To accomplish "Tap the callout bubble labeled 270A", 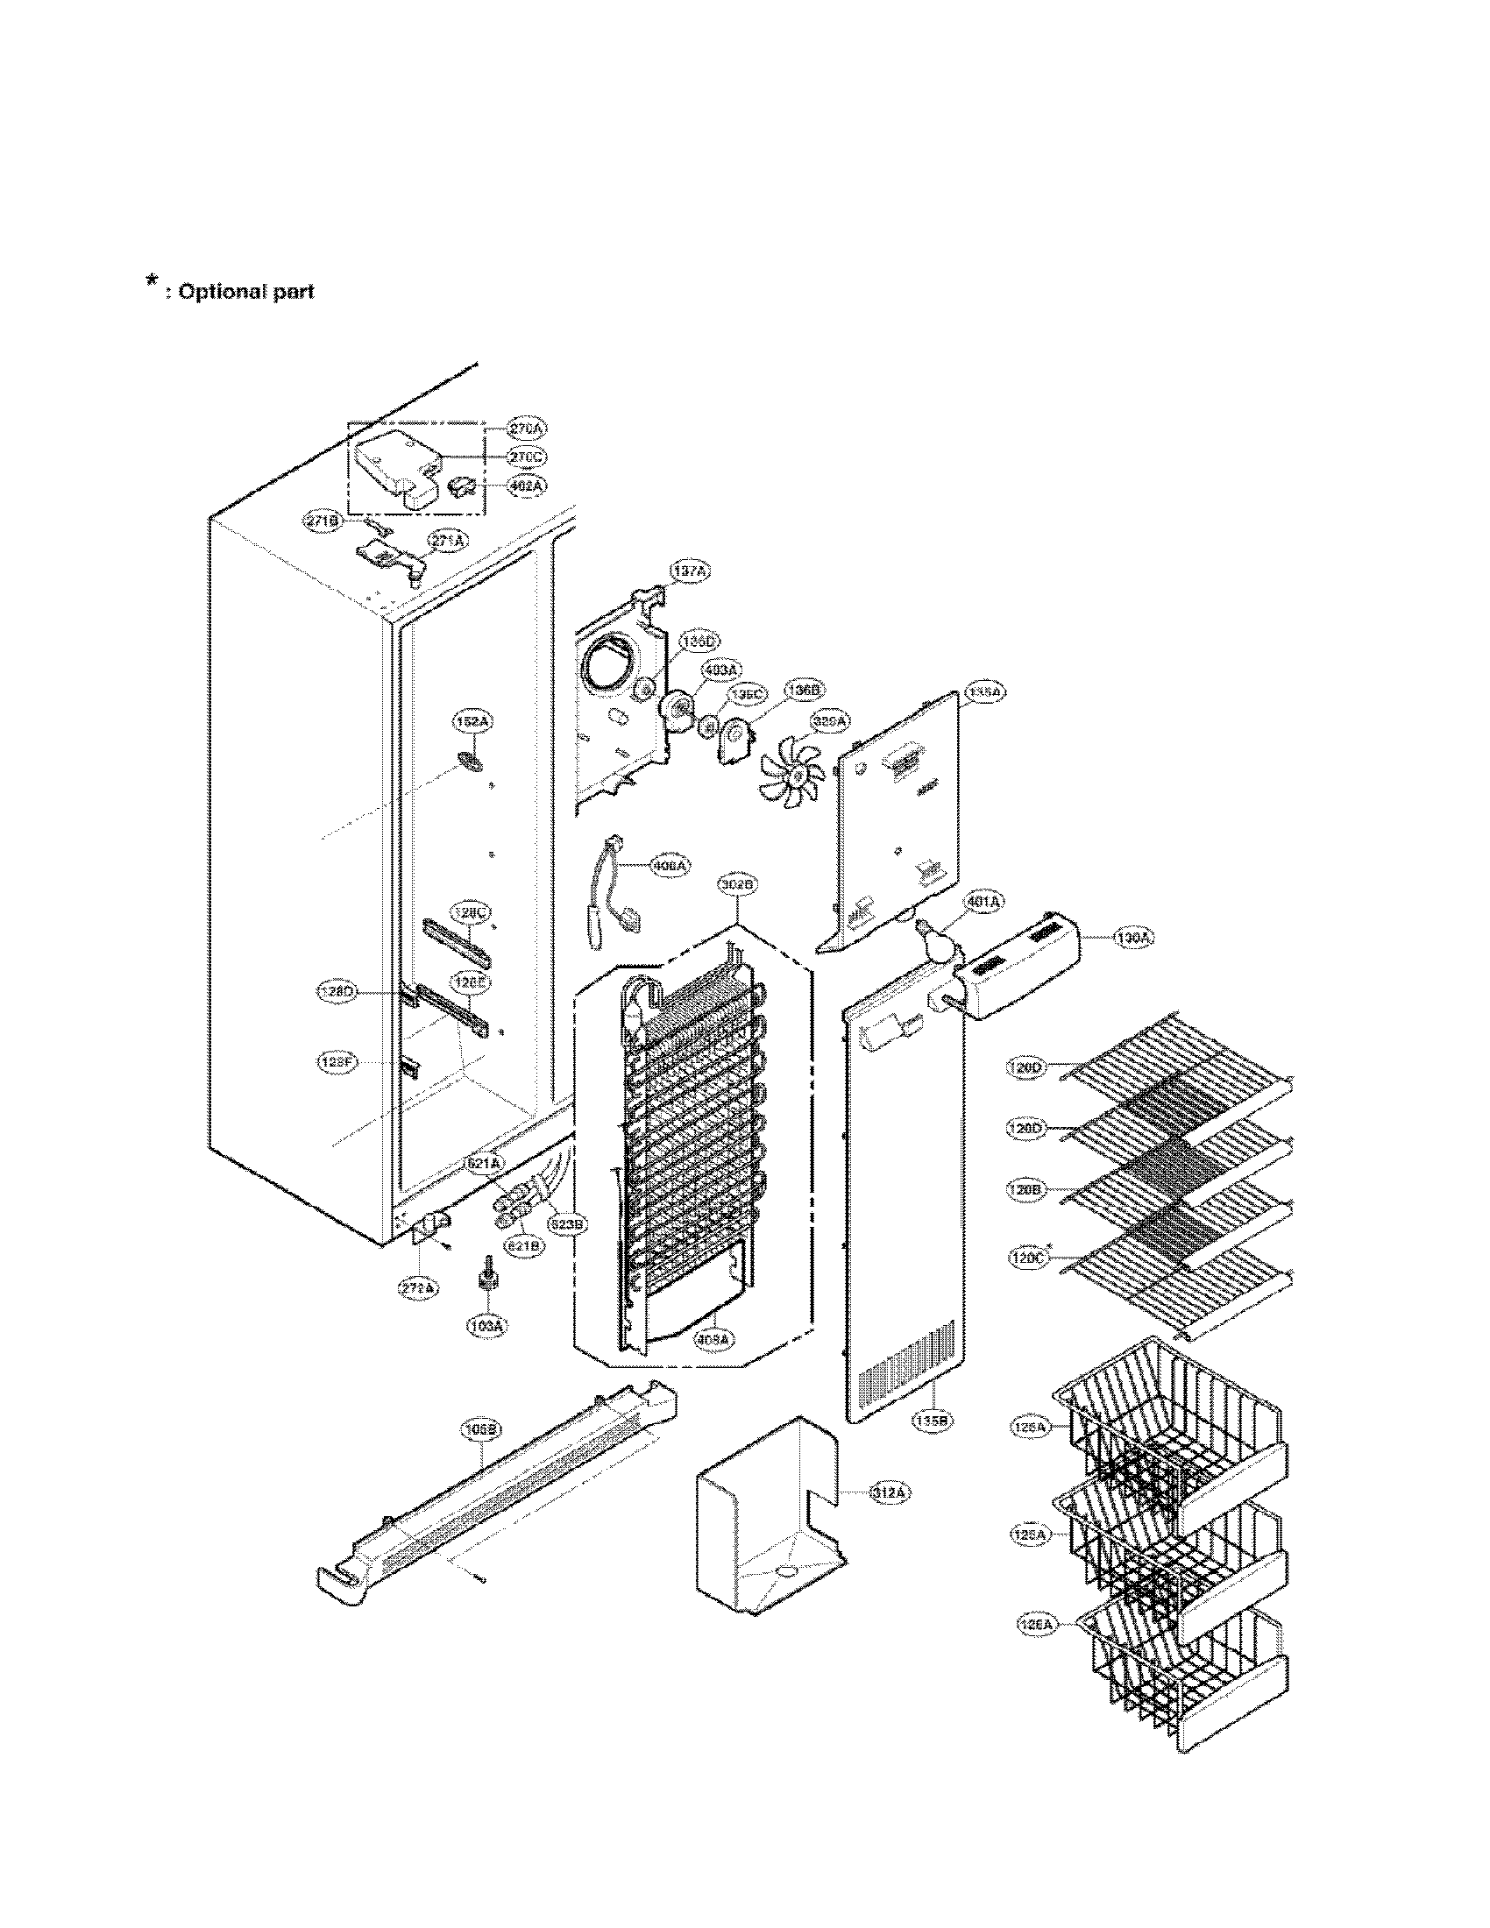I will (528, 429).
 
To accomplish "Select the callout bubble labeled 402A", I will (528, 486).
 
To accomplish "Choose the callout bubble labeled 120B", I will (1027, 1190).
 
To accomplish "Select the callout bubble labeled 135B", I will (934, 1422).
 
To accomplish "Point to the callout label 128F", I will (337, 1063).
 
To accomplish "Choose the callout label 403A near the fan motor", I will (720, 671).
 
